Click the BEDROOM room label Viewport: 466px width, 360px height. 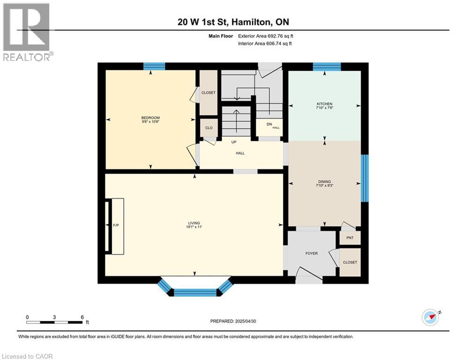point(151,118)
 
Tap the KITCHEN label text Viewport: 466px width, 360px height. point(324,104)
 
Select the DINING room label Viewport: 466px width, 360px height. point(324,182)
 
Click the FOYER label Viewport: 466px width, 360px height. point(311,254)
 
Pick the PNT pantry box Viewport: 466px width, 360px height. point(350,238)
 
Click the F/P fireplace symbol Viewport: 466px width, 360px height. point(116,226)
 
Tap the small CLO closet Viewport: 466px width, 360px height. point(209,127)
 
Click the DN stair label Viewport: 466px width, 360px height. point(269,125)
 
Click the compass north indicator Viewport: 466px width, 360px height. point(431,317)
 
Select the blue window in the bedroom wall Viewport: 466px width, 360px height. point(154,66)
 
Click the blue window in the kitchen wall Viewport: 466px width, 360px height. point(326,66)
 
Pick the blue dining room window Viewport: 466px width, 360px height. point(365,178)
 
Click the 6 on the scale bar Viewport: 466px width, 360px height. point(82,317)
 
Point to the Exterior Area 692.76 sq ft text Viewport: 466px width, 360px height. point(266,36)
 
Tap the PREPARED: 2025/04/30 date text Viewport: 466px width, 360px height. point(233,321)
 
